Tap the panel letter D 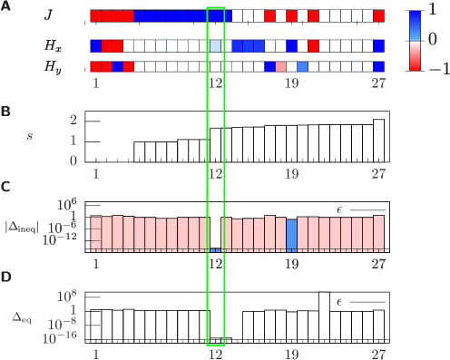point(5,276)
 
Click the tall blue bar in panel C point(291,235)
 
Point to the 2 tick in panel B point(73,120)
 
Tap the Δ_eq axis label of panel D point(23,318)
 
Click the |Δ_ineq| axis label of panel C point(22,226)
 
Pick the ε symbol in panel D point(339,302)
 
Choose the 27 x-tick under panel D point(378,354)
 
